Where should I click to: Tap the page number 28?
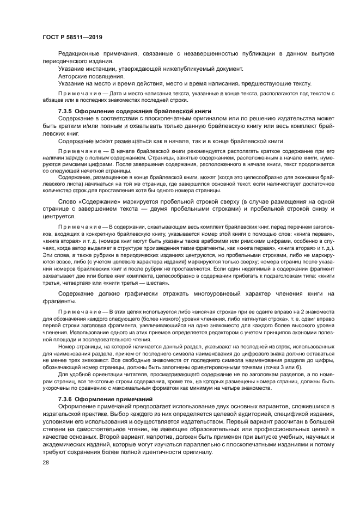click(x=46, y=463)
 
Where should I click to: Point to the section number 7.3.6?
click(x=65, y=399)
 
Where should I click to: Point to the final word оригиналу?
click(x=193, y=449)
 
